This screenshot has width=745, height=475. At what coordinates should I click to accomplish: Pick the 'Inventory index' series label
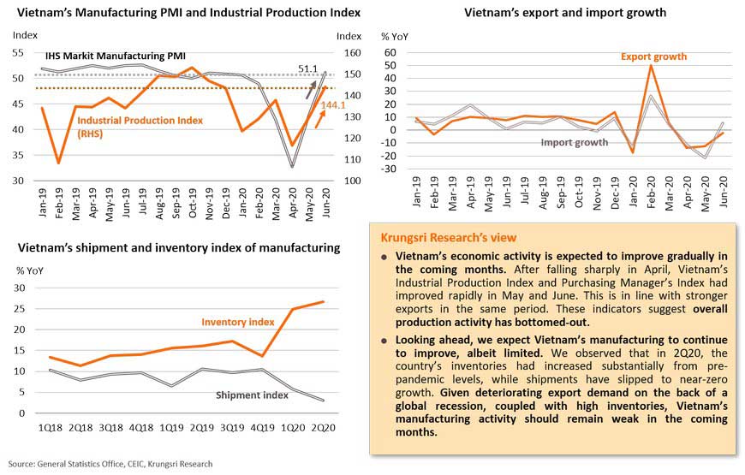tap(238, 323)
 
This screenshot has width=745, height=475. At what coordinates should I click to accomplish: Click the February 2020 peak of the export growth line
tap(652, 65)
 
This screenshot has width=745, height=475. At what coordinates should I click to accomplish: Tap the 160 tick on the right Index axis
tap(349, 52)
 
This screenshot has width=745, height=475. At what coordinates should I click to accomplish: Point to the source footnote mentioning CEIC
tap(110, 464)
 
